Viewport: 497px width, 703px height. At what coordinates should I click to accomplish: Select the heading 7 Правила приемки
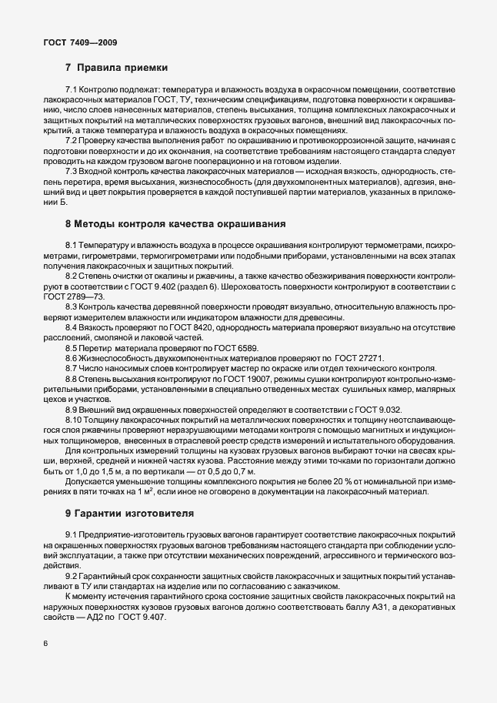(x=116, y=68)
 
